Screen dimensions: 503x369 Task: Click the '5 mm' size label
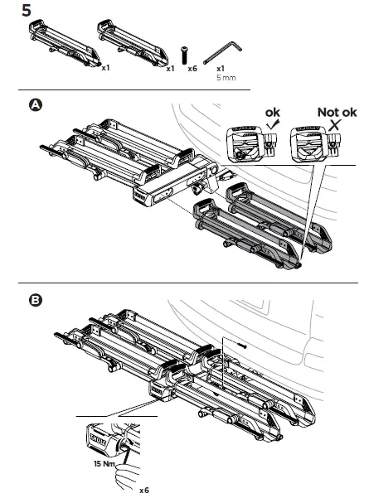coord(225,78)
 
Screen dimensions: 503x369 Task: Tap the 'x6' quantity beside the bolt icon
coord(192,70)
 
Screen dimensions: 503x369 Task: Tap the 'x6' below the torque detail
coord(143,491)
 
